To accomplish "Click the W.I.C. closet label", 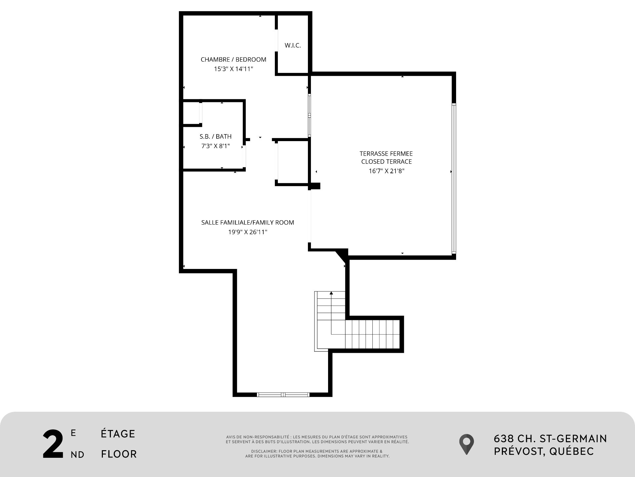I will point(293,46).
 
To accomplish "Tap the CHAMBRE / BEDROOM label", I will point(233,60).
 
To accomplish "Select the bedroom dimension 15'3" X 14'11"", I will point(233,69).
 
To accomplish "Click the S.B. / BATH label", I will point(216,136).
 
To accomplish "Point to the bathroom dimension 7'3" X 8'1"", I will point(216,146).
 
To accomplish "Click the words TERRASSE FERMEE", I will point(386,154).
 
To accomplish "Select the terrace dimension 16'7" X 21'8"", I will point(386,171).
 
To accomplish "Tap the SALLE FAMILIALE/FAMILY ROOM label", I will point(247,223).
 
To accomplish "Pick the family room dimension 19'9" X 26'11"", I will point(247,232).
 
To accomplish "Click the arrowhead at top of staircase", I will point(331,293).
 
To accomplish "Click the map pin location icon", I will point(466,444).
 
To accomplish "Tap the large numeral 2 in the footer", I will point(53,445).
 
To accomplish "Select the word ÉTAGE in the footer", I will point(118,434).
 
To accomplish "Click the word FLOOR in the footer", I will point(119,454).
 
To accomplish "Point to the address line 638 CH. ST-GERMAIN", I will point(550,439).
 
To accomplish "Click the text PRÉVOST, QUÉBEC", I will point(544,451).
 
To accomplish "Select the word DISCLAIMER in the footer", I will point(264,451).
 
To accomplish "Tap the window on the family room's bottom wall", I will point(283,395).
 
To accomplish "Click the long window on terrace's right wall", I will point(454,179).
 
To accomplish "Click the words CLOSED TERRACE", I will point(386,162).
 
